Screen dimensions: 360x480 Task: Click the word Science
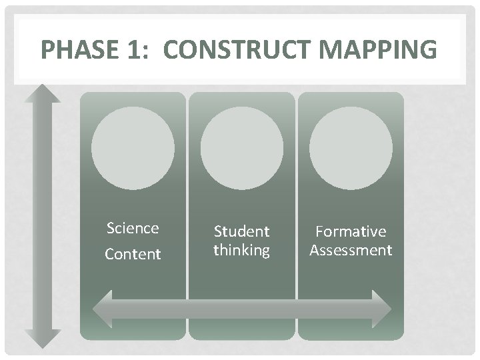(133, 228)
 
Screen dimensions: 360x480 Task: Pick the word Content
(133, 254)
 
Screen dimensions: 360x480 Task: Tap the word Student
(241, 231)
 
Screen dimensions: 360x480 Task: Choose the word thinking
(241, 250)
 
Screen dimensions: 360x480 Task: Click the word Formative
(351, 231)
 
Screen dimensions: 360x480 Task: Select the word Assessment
(351, 250)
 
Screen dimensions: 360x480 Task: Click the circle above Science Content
(133, 149)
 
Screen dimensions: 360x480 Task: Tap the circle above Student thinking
(241, 149)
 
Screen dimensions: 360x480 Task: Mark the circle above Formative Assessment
(351, 149)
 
